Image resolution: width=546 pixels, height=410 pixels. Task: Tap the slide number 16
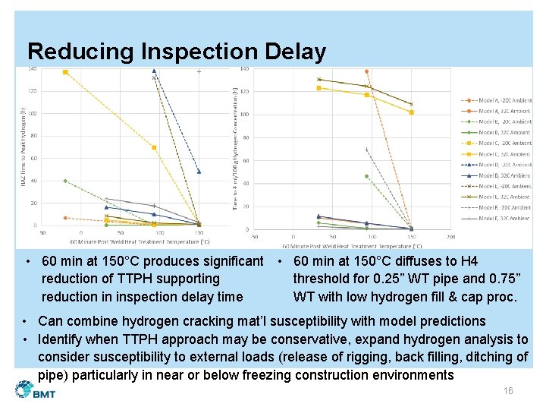tap(508, 390)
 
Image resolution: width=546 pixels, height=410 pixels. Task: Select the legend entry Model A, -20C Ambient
tap(496, 100)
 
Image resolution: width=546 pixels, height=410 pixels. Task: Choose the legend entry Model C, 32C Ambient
tap(496, 154)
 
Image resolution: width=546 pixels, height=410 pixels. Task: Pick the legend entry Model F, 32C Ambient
tap(496, 218)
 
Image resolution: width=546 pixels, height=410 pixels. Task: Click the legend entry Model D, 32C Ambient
tap(496, 175)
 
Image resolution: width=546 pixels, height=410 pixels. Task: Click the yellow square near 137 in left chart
tap(65, 72)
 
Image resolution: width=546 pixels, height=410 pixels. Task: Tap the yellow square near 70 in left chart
tap(154, 147)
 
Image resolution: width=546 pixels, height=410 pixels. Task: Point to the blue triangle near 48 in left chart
tap(199, 172)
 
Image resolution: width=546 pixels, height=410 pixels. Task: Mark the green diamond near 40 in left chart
tap(65, 181)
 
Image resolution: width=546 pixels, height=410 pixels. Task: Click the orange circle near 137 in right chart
tap(366, 71)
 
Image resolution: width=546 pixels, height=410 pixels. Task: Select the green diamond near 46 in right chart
tap(366, 176)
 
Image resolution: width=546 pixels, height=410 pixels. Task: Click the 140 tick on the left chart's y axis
tap(33, 69)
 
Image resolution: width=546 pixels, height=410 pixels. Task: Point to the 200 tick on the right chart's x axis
tap(452, 237)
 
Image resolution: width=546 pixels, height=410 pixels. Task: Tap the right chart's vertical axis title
tap(236, 148)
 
